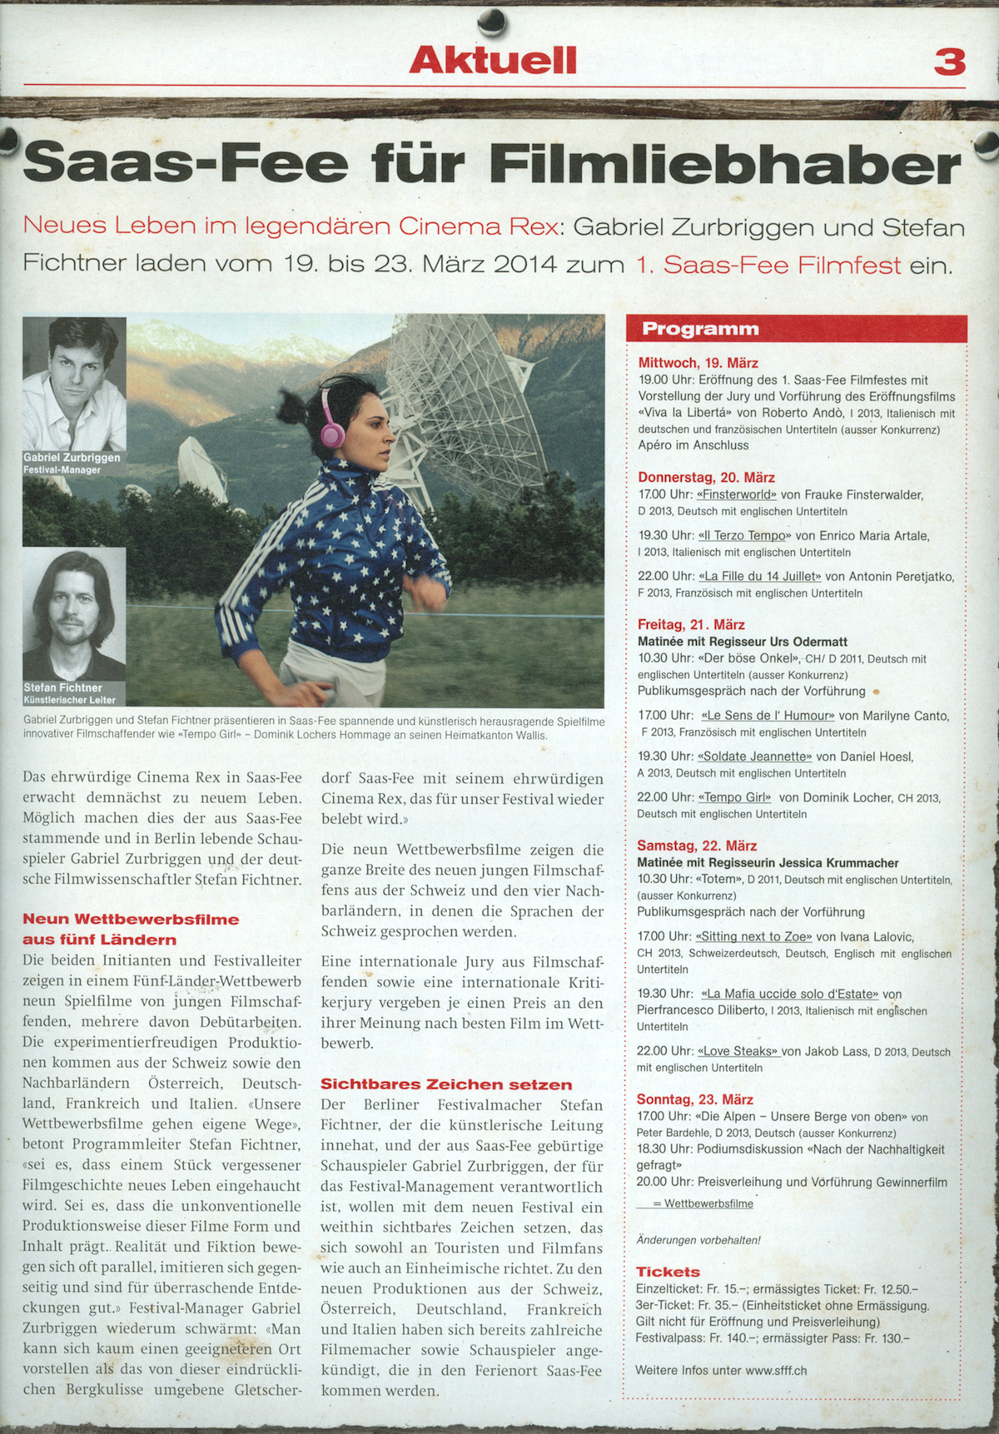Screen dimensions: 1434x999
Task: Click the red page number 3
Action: click(949, 62)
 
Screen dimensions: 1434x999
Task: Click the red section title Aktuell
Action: click(493, 60)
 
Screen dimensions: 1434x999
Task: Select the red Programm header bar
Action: click(796, 329)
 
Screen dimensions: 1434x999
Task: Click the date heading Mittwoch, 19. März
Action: click(698, 363)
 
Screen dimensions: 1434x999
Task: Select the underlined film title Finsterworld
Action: click(737, 495)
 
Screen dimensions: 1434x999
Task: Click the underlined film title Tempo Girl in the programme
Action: click(735, 797)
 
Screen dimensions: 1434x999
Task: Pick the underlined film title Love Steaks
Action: click(738, 1051)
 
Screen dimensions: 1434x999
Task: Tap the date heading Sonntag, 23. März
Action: click(694, 1099)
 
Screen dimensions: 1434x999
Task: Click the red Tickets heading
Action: click(668, 1272)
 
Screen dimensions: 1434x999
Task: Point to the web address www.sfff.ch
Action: click(776, 1371)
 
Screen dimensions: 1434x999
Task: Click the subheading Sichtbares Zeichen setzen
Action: click(446, 1084)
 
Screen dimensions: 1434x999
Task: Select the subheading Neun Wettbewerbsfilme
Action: click(131, 920)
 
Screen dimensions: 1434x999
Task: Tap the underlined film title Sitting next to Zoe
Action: click(753, 936)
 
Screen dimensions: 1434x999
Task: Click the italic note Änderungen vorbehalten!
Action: click(698, 1240)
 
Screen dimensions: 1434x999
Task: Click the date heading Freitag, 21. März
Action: click(691, 625)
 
